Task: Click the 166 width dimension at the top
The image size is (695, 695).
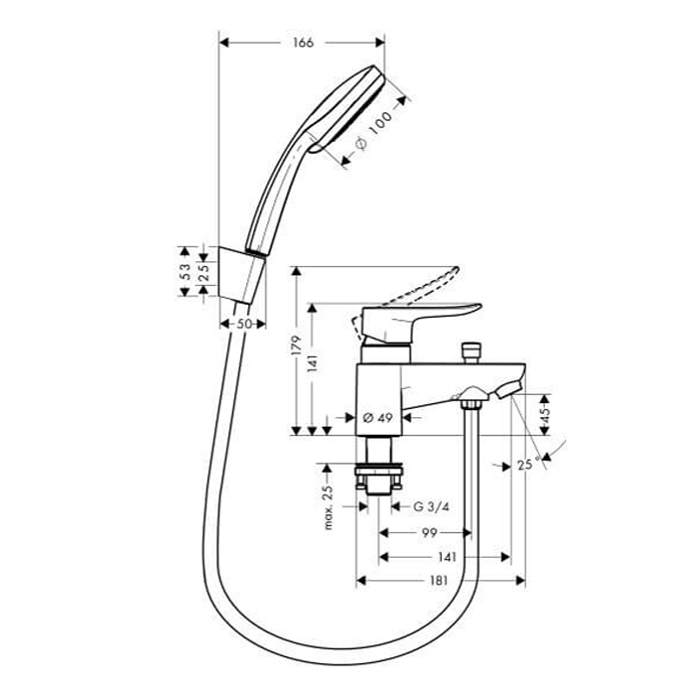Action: tap(303, 43)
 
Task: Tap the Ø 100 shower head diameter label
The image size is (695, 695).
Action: tap(374, 131)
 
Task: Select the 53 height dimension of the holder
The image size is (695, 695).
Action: tap(186, 272)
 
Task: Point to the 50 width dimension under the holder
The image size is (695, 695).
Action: tap(244, 324)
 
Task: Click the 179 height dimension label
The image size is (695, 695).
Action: tap(296, 346)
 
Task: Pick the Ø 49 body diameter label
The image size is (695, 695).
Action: tap(377, 418)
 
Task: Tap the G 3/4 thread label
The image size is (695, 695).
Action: tap(431, 506)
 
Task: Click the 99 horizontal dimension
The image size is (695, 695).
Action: tap(429, 533)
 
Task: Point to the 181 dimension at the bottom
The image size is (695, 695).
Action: tap(439, 581)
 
